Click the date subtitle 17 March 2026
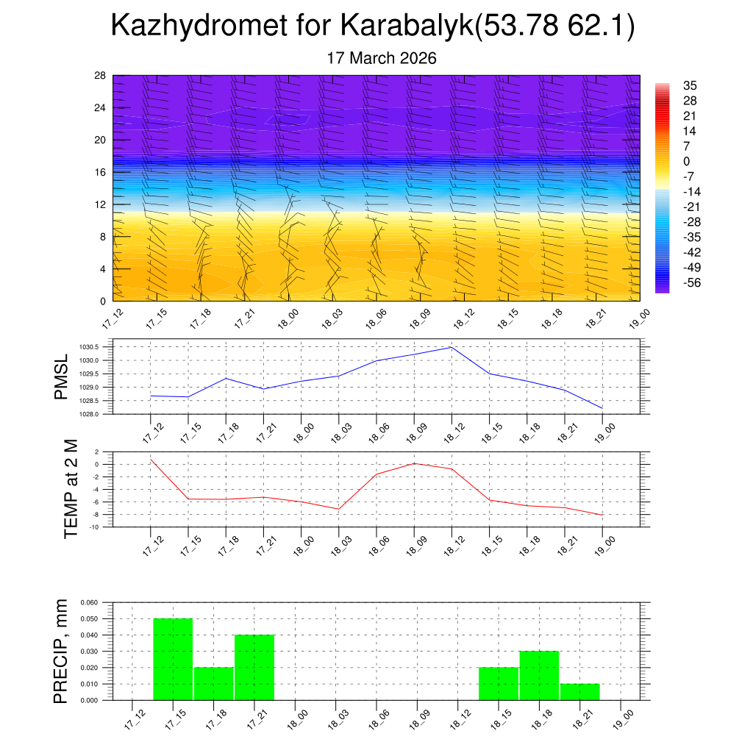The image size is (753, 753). [382, 58]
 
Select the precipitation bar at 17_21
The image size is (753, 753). [254, 667]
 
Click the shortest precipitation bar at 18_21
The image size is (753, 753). [579, 692]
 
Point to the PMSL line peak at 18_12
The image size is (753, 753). [452, 347]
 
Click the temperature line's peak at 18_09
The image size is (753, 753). [414, 463]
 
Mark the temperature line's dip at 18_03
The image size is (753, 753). [339, 509]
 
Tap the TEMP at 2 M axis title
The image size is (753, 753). [71, 488]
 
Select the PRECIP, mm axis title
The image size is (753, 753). [63, 652]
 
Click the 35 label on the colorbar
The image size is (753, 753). [690, 85]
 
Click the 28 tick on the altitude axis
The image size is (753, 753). [101, 75]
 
